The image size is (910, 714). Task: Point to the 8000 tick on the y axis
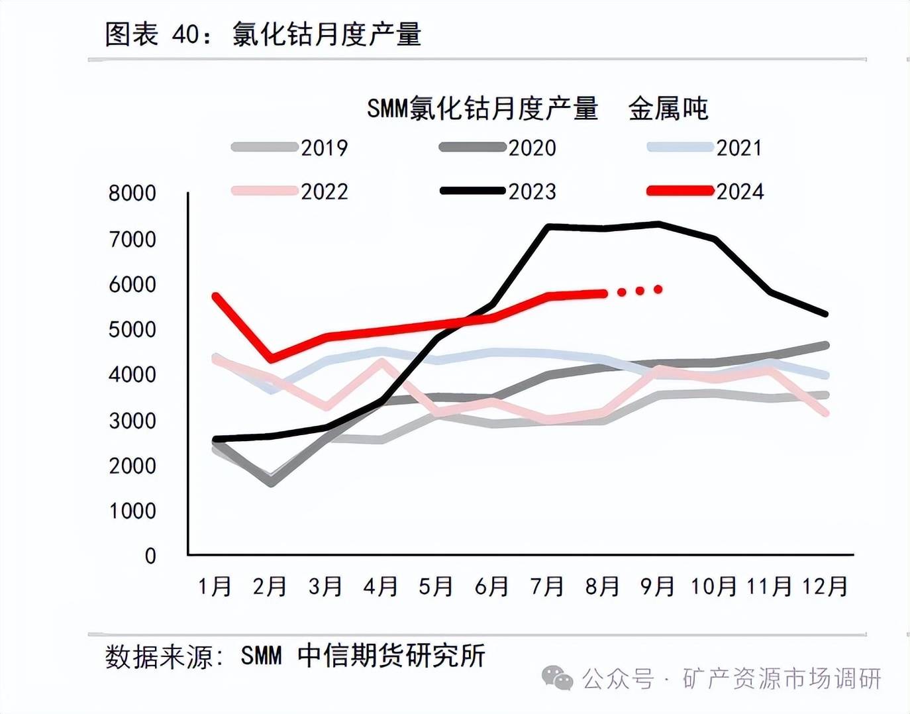132,193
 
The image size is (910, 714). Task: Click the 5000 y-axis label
132,330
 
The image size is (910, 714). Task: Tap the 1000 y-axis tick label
132,511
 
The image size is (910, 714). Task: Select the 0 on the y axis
150,556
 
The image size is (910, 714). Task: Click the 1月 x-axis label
215,586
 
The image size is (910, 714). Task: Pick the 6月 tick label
491,586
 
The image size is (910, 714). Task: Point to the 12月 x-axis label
825,586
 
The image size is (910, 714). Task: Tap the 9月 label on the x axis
657,586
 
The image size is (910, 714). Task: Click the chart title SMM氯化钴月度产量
482,108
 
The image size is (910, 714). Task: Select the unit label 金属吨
668,108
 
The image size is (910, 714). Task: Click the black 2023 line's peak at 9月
658,224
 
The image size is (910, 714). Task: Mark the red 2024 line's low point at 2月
272,359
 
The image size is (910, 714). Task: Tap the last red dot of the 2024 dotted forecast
658,289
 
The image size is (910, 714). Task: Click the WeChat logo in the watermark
557,678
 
